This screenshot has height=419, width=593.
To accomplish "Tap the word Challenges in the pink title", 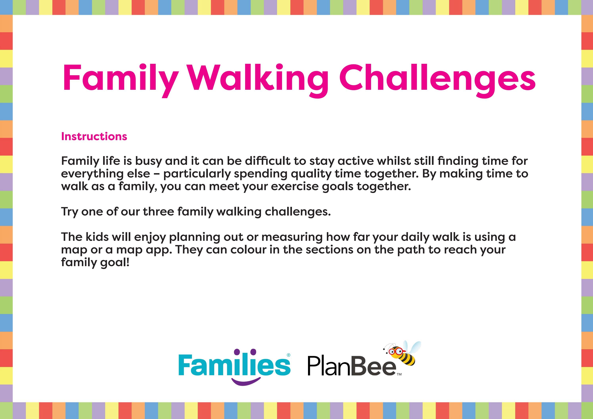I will pyautogui.click(x=437, y=78).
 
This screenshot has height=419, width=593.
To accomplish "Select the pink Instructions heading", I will pyautogui.click(x=94, y=136).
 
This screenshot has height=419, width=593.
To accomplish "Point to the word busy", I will pyautogui.click(x=148, y=161).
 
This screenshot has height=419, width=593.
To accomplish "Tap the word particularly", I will pyautogui.click(x=197, y=174).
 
